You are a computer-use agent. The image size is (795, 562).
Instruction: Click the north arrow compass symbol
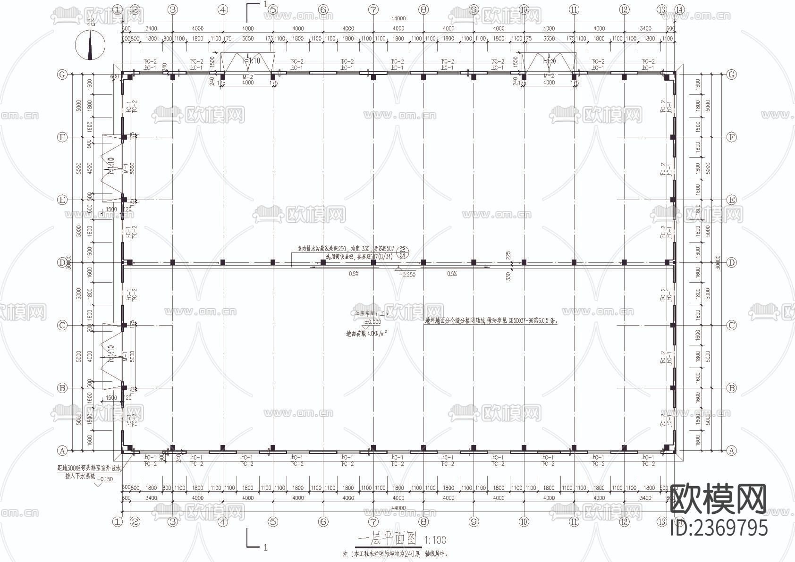coord(90,45)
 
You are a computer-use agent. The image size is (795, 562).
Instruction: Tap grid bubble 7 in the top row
coord(373,9)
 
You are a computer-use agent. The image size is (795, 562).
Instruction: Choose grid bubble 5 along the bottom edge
coord(273,521)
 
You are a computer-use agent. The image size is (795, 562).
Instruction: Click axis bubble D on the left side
coord(62,262)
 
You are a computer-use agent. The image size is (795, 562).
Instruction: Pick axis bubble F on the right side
coord(731,137)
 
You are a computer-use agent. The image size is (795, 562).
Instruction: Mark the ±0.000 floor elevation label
coord(372,322)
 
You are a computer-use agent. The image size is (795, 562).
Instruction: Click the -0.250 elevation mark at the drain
coord(406,274)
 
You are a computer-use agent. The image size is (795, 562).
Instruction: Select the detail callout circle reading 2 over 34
coord(403,252)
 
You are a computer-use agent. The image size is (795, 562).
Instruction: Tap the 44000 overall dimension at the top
coord(398,19)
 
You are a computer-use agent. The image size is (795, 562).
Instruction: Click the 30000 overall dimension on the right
coord(718,262)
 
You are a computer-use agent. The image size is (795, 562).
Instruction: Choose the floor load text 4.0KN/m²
coord(367,334)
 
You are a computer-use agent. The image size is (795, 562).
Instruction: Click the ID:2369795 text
coord(719,527)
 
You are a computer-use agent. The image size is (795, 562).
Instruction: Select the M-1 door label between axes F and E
coord(126,168)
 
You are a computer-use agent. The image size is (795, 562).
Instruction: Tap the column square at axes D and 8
coord(423,262)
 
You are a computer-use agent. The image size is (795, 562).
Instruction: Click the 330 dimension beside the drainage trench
coord(508,275)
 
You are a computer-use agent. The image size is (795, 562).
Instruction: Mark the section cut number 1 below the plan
coord(265,547)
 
